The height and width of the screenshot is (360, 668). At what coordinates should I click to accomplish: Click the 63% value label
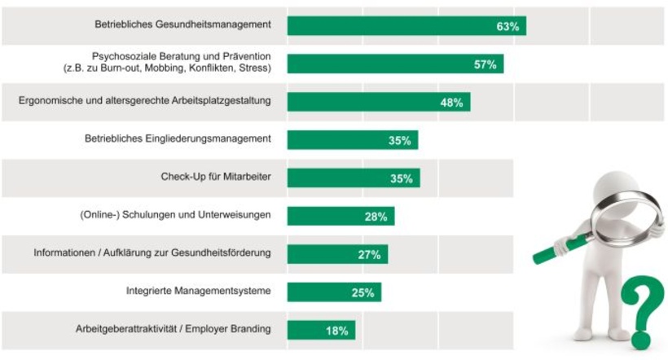coord(507,26)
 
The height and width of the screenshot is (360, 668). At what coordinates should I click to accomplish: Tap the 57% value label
coord(485,64)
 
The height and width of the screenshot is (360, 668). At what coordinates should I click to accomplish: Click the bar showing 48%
coord(378,102)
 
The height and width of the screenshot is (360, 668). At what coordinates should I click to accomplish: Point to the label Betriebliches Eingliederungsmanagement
coord(178,139)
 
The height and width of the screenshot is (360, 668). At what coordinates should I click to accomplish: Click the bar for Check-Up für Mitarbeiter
coord(353,178)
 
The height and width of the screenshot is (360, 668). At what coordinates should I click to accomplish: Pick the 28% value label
coord(376,217)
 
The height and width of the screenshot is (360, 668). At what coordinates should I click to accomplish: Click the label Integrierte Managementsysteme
coord(198,291)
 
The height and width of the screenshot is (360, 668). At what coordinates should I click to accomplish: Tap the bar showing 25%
coord(334,292)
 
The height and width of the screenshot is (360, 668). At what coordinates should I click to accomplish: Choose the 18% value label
coord(336,331)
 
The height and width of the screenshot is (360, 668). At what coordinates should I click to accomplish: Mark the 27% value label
coord(369,255)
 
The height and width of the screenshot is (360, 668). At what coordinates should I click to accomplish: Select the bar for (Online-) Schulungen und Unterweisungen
coord(341,217)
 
